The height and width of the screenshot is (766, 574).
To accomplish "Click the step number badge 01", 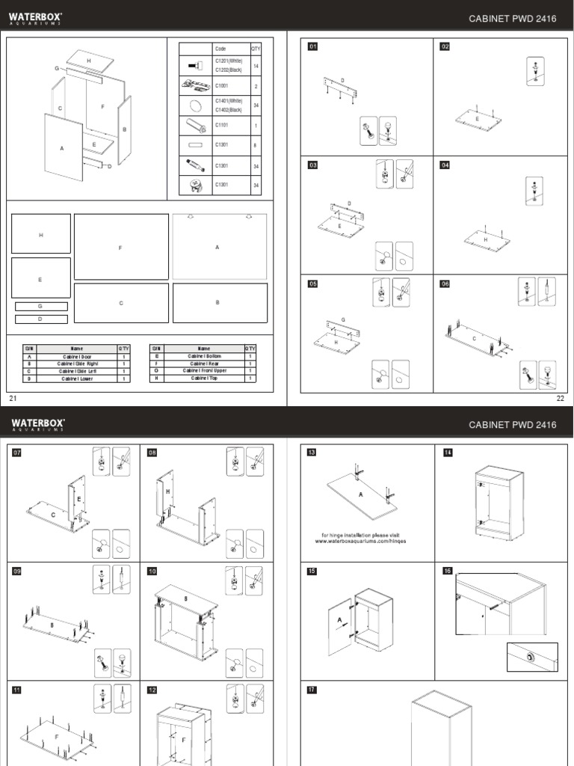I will [313, 47].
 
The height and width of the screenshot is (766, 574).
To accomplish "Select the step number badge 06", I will [445, 284].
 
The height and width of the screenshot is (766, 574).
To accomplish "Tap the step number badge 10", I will [152, 572].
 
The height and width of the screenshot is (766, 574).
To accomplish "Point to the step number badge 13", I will [313, 453].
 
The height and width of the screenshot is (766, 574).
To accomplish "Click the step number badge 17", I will [313, 690].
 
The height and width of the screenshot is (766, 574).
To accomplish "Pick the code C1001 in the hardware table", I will [223, 86].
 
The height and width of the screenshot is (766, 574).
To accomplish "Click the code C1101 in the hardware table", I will [223, 126].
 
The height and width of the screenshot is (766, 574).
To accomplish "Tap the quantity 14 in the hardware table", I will [256, 67].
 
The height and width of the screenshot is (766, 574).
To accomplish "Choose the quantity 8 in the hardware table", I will [256, 145].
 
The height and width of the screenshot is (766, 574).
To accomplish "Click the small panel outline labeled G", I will [41, 306].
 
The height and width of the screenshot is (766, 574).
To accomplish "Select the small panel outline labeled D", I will [41, 319].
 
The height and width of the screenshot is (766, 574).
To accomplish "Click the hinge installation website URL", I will [361, 541].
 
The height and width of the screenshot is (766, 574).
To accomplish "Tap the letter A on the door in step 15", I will [339, 620].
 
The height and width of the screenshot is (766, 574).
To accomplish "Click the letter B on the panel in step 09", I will [52, 624].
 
